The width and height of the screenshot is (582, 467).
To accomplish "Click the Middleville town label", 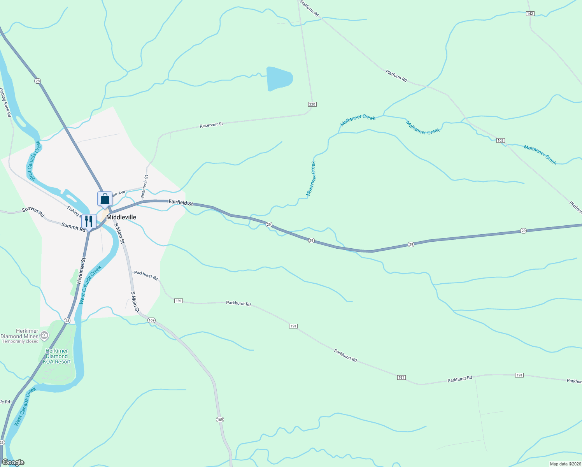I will click(x=121, y=217).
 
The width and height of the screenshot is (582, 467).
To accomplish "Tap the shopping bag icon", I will click(x=105, y=199).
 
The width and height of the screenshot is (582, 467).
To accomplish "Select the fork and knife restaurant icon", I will click(x=89, y=221).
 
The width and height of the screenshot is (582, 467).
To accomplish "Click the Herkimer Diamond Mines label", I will click(x=19, y=334).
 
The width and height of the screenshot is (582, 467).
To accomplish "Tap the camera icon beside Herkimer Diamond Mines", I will click(x=44, y=335).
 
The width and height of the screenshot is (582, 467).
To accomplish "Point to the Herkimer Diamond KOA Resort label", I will click(x=57, y=356).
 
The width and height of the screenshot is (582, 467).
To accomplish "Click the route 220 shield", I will click(x=312, y=104).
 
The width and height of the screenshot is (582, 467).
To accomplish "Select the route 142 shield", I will click(x=530, y=14).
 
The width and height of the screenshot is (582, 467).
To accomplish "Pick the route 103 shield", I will click(x=500, y=140).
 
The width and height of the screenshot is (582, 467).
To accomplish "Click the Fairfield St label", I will click(x=181, y=202).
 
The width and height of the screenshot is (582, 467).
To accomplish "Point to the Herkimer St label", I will click(x=81, y=270).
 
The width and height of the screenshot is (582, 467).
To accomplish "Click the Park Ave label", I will click(x=118, y=193).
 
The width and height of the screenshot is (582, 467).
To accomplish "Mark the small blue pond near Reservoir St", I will click(x=279, y=79).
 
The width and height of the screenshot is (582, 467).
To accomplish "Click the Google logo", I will click(x=13, y=462).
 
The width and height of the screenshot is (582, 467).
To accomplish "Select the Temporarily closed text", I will click(x=20, y=342).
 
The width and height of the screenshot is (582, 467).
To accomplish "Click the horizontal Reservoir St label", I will click(x=211, y=125).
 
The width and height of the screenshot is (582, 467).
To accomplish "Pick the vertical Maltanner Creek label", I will click(x=311, y=179).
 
